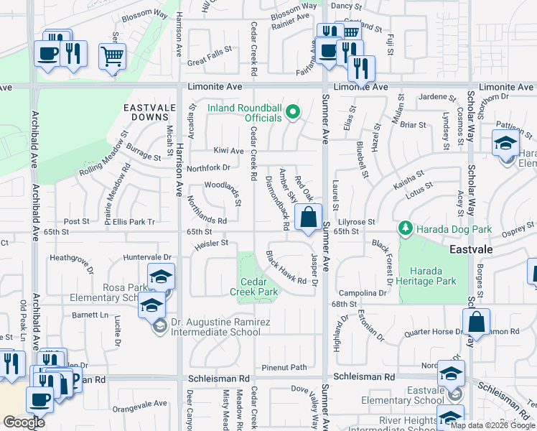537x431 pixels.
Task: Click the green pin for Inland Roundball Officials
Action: click(x=292, y=112)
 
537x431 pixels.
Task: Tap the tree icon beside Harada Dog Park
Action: click(x=406, y=228)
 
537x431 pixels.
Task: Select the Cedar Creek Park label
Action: click(x=253, y=287)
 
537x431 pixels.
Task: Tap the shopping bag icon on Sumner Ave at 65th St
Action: click(x=308, y=217)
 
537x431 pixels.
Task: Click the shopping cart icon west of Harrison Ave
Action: click(x=112, y=56)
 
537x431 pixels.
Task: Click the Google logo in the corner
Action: click(x=24, y=422)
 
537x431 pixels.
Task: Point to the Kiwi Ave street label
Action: click(x=228, y=151)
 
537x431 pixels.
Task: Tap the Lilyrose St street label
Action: click(x=357, y=223)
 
